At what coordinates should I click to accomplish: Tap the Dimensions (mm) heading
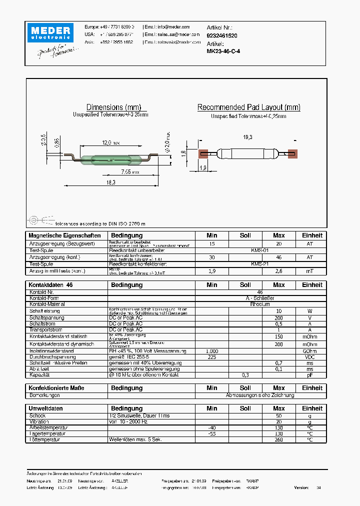tap(113, 107)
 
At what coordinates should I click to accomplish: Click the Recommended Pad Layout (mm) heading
tap(248, 107)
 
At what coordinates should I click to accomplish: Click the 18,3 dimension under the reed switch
tap(110, 183)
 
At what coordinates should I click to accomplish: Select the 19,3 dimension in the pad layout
tap(247, 137)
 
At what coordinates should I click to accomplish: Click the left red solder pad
tap(203, 154)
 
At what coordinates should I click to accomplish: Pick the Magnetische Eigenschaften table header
tap(64, 235)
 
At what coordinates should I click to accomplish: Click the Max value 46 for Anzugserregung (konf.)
tap(278, 257)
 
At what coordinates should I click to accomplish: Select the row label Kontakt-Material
tap(47, 304)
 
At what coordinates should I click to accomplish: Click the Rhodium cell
tap(259, 304)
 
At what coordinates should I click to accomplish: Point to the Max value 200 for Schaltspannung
tap(278, 317)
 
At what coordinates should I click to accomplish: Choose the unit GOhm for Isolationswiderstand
tap(309, 351)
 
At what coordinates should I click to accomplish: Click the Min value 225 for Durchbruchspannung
tap(211, 357)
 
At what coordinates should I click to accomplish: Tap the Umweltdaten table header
tap(46, 408)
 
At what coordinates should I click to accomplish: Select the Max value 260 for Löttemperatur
tap(278, 439)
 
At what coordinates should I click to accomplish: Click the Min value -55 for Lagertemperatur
tap(211, 433)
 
